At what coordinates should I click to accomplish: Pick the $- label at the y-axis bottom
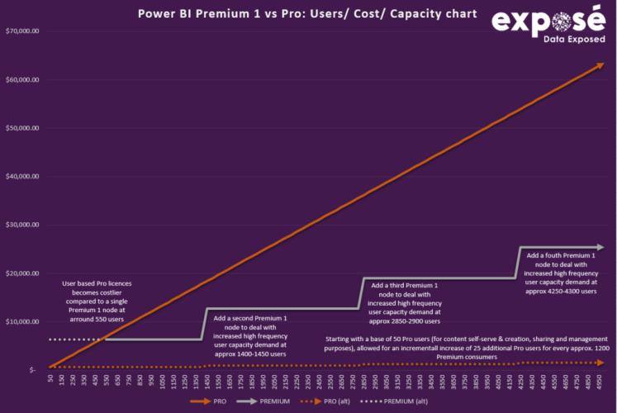coord(32,369)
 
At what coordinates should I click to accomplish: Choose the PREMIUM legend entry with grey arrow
coord(268,401)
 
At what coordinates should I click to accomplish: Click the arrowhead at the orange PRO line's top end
coord(601,64)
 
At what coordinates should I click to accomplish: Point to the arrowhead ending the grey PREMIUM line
coord(602,247)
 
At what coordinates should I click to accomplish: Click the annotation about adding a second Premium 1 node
coord(250,335)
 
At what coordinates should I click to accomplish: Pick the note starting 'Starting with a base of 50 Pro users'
coord(467,348)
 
